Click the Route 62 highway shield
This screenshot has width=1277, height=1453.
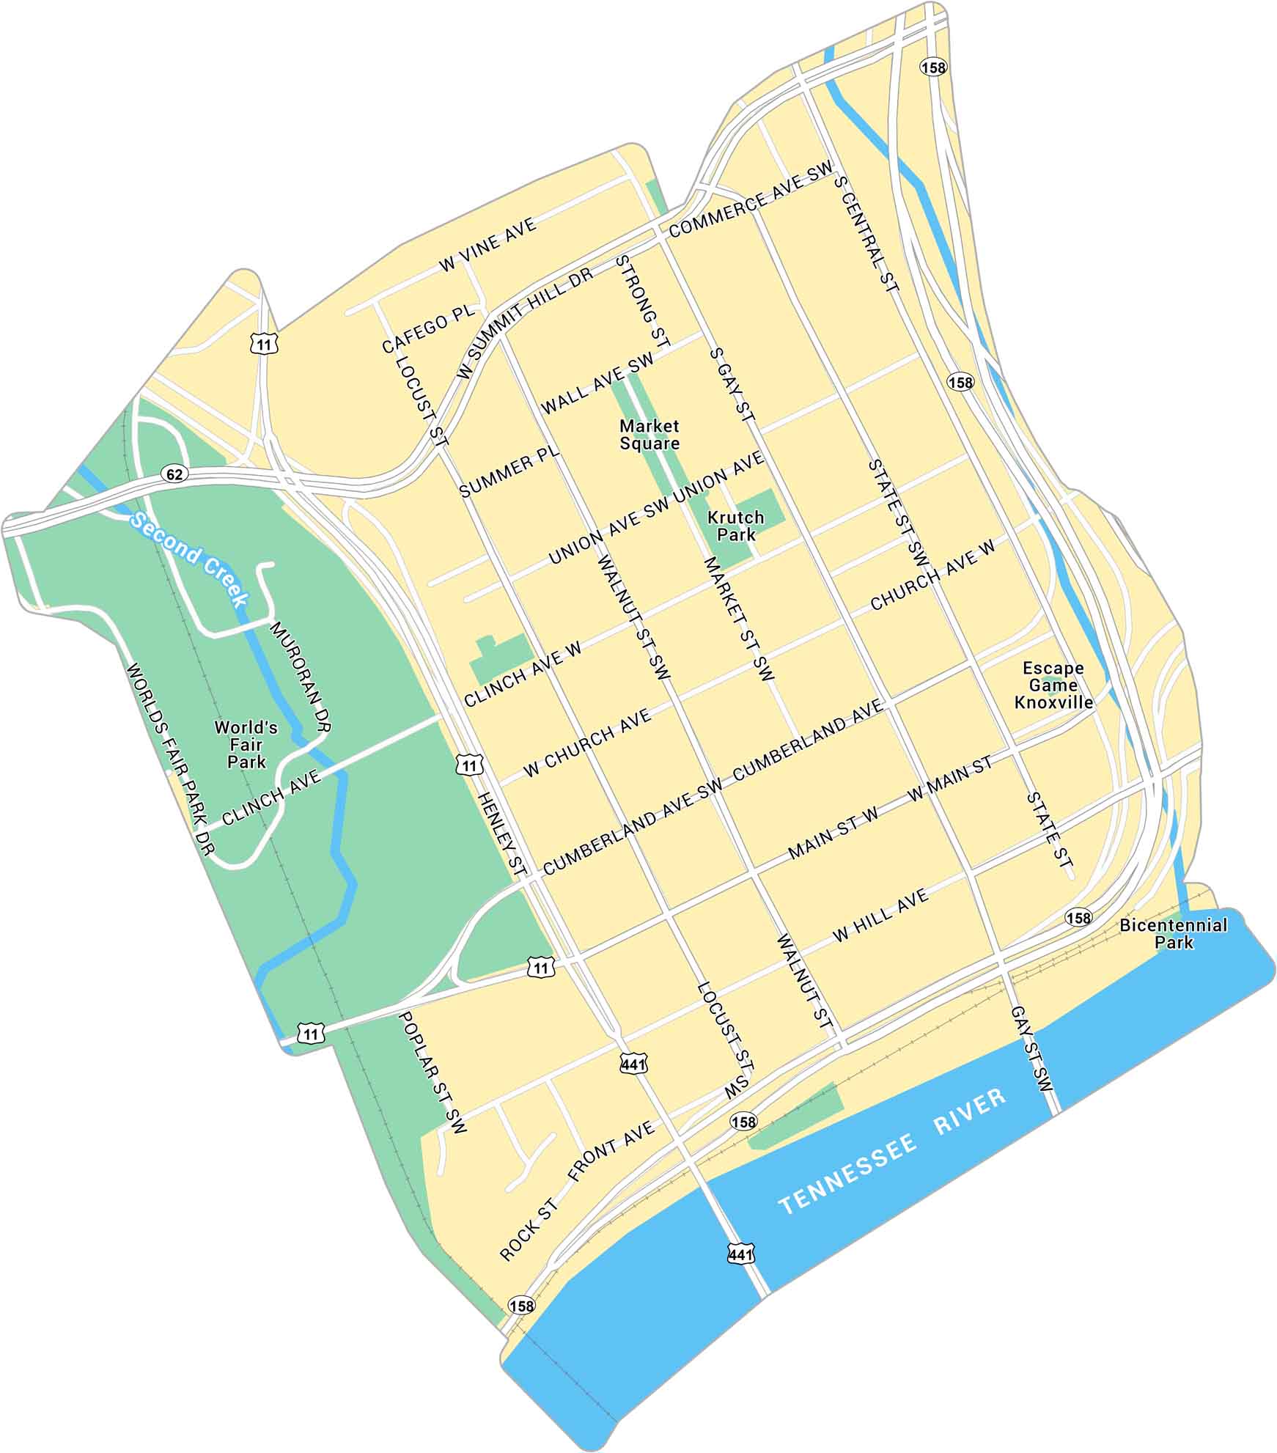pos(174,474)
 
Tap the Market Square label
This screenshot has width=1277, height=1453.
pos(649,435)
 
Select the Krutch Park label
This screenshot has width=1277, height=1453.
pos(735,526)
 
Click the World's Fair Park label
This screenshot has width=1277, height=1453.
pos(246,745)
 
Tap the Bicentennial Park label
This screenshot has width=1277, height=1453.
pos(1173,934)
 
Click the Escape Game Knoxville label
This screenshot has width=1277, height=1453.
pos(1053,685)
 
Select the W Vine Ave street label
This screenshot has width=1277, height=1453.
pos(488,245)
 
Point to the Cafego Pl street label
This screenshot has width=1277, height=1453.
pos(429,330)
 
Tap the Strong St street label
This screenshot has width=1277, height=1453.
pos(643,301)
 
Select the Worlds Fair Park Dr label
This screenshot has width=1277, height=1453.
pos(169,759)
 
